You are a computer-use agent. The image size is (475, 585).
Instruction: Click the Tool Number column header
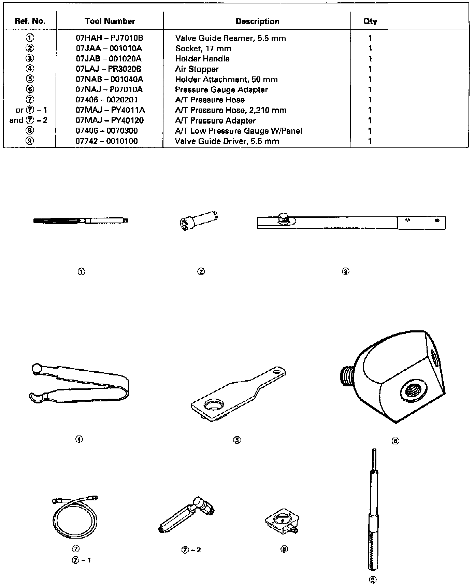coord(110,21)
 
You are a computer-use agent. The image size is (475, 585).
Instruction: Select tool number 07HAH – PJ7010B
coord(109,38)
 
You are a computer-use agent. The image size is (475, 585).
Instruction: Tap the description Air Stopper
coord(197,69)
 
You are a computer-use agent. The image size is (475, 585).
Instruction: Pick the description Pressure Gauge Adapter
coord(221,90)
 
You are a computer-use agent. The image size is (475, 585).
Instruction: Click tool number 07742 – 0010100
coord(106,141)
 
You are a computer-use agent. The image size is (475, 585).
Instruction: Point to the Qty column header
coord(370,21)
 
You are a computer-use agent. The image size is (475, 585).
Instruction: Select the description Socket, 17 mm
coord(203,48)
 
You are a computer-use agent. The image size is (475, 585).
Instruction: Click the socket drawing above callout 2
coord(198,220)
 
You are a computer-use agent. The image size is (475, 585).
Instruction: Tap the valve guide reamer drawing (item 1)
coord(81,221)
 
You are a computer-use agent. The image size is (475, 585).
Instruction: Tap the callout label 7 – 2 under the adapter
coord(191,550)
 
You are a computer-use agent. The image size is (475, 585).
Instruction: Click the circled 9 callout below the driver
coord(373,579)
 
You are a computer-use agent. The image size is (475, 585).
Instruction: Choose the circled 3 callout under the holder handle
coord(345,271)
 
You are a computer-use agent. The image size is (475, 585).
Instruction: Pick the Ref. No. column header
coord(30,21)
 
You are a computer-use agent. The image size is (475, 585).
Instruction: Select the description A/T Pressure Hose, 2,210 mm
coord(231,110)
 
